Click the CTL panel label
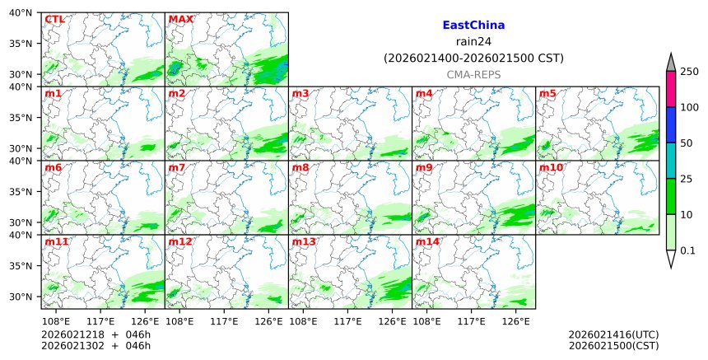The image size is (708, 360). click(54, 19)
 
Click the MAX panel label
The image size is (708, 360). click(180, 19)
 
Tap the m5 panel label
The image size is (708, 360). click(547, 93)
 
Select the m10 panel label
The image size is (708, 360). click(551, 167)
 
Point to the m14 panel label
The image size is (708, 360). click(427, 241)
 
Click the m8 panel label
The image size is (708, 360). click(300, 167)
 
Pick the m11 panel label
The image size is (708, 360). click(56, 241)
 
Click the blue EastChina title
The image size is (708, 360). click(473, 26)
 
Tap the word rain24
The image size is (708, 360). click(473, 42)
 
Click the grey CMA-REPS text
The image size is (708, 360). click(473, 75)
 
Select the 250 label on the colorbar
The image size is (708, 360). click(689, 72)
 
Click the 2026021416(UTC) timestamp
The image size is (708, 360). click(613, 334)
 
